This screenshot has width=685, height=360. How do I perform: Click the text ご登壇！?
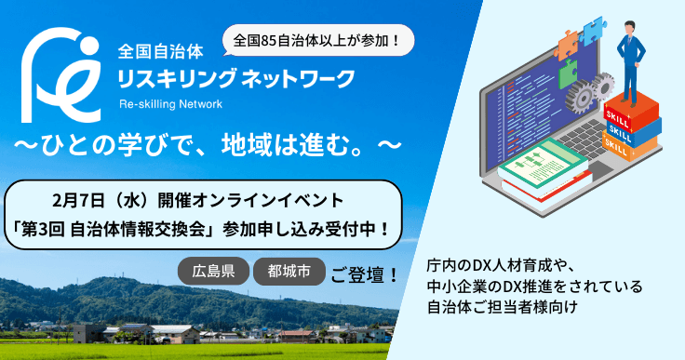[x=365, y=274]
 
